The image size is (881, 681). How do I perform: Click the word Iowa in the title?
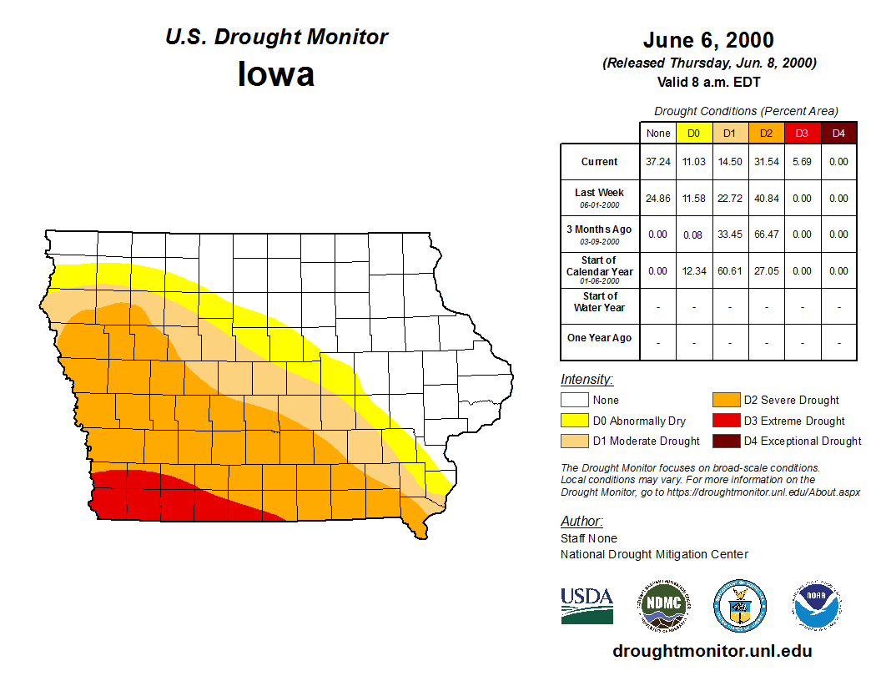click(x=276, y=74)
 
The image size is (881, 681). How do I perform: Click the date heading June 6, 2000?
click(x=708, y=40)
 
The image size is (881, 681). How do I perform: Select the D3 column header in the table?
click(x=802, y=133)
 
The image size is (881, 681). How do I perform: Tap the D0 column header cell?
click(x=693, y=133)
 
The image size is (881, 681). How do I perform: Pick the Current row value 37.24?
click(x=657, y=162)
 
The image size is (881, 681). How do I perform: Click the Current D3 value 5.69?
click(x=802, y=162)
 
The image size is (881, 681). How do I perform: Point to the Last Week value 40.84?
click(x=766, y=199)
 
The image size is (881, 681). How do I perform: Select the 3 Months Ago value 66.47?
click(x=766, y=235)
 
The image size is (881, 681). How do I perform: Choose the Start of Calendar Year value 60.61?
click(x=729, y=271)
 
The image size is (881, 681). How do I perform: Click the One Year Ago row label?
click(x=599, y=338)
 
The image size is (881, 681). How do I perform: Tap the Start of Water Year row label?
click(x=599, y=301)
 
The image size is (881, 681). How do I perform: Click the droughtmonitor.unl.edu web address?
click(x=712, y=651)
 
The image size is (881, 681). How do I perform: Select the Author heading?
click(x=581, y=522)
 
